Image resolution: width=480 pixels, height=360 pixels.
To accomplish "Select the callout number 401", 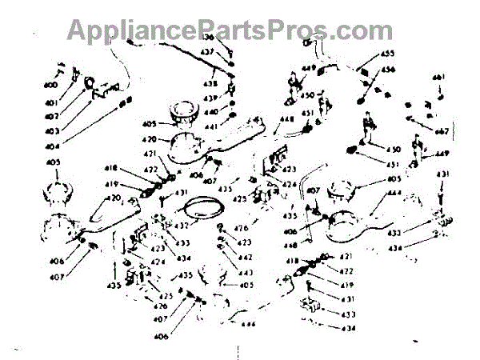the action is click(51, 102).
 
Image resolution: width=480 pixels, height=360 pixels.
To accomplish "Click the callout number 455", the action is click(387, 54).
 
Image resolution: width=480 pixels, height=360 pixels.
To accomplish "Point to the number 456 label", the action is click(388, 70).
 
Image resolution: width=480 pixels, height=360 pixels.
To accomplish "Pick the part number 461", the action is click(438, 77).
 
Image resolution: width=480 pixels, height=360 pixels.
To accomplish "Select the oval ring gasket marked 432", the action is click(202, 210).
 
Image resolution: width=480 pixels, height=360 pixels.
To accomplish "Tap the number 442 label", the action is click(244, 258).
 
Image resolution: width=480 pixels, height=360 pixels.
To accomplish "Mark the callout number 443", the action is click(244, 273).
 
